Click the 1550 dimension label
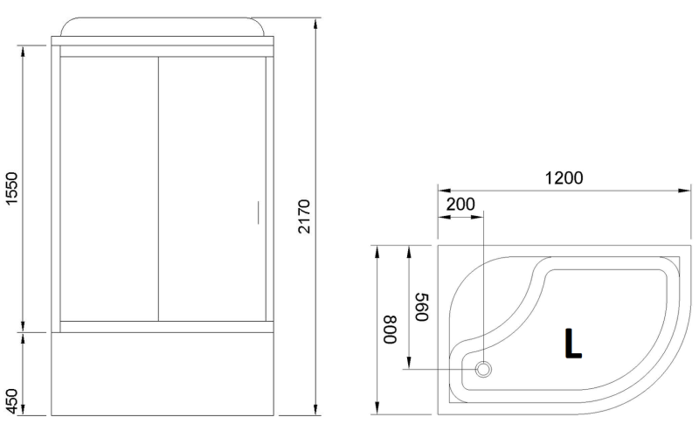tap(10, 189)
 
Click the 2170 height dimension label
tap(304, 217)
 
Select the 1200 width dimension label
tap(564, 178)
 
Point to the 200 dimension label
tap(460, 205)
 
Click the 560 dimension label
tap(422, 307)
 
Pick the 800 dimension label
tap(390, 330)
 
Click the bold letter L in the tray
tap(573, 344)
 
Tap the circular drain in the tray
tap(484, 369)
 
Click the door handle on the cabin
tap(258, 212)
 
